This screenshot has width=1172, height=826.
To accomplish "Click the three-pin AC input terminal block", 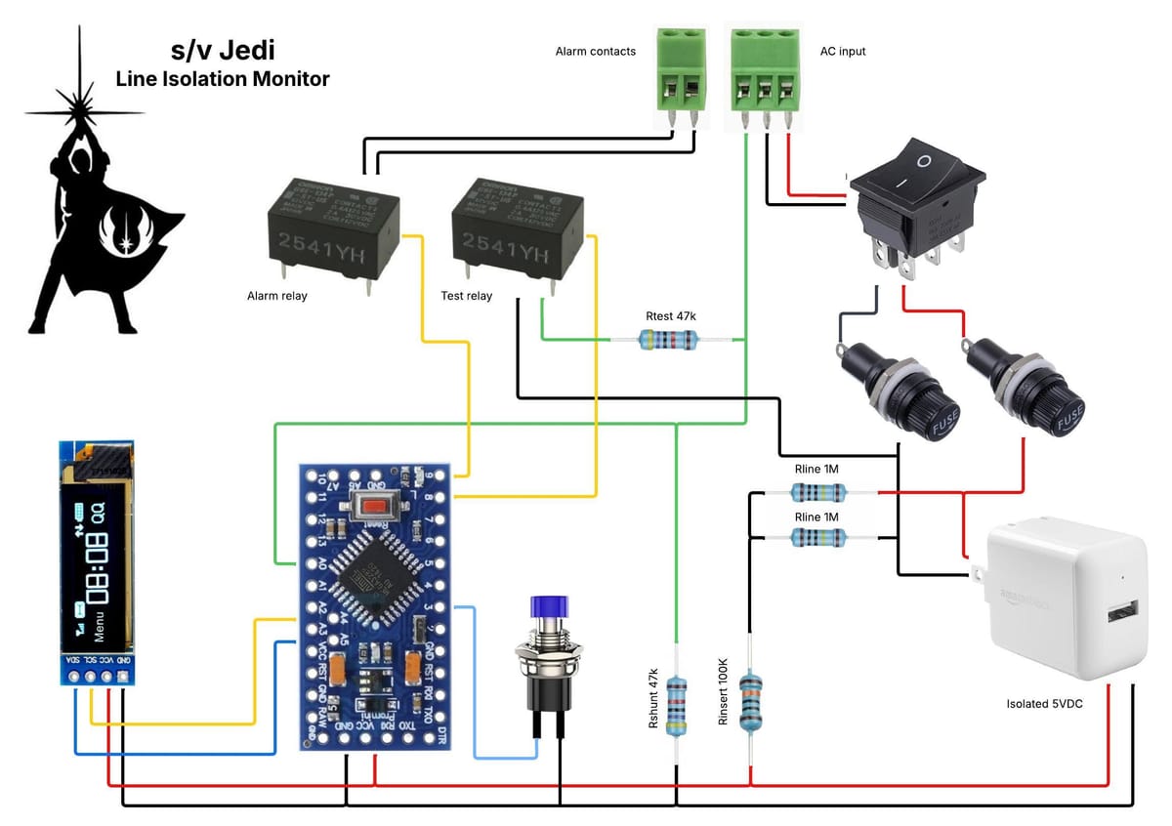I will [766, 74].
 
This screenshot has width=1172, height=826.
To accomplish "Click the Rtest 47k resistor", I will [668, 340].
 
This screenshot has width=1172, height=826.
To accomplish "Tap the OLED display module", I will [94, 561].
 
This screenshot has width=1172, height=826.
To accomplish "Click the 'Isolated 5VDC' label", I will [1045, 703].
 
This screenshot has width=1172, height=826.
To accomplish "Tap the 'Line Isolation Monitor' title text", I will [223, 79].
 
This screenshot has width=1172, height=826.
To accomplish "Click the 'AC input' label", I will [842, 51].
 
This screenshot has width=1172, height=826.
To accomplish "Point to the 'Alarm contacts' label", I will [595, 51].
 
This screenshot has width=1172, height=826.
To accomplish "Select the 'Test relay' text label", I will [467, 295].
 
